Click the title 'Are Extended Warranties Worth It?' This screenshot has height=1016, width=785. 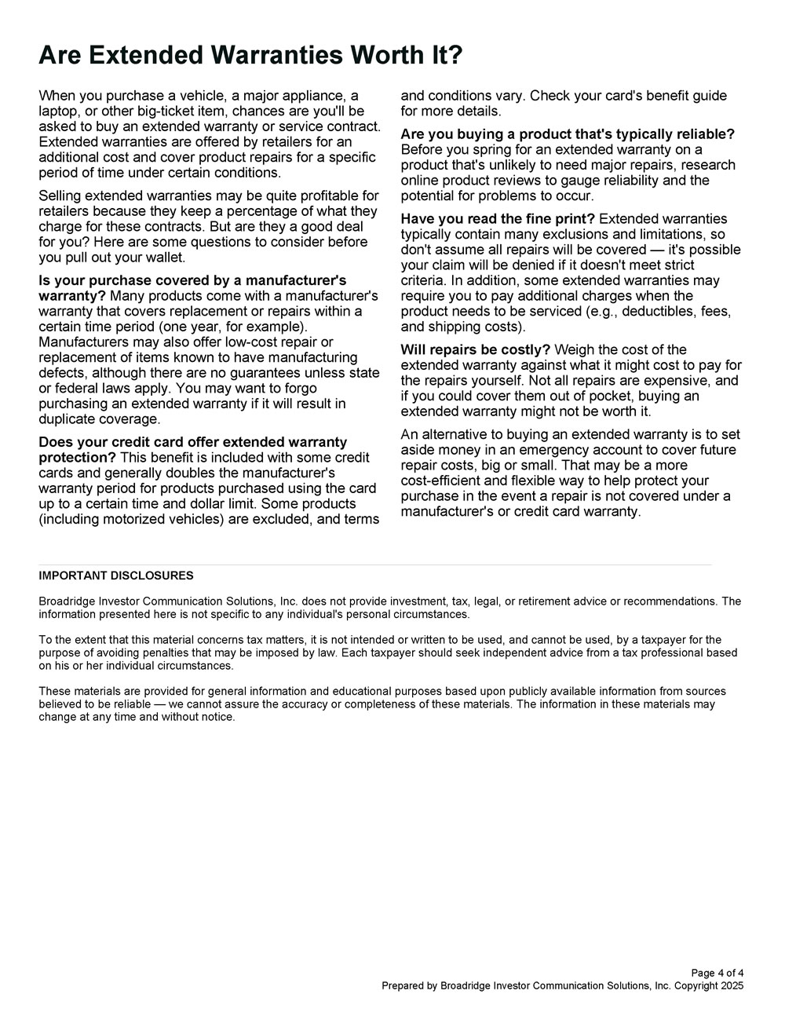(x=250, y=56)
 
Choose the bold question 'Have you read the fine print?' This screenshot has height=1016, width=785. (x=498, y=219)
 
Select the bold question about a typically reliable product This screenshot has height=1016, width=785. (x=568, y=134)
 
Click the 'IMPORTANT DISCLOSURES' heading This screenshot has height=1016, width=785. (x=116, y=576)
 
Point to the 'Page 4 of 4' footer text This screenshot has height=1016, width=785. (x=717, y=974)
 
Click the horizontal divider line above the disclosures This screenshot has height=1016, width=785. (x=375, y=565)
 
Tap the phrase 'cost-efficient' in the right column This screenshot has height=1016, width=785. (x=445, y=481)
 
